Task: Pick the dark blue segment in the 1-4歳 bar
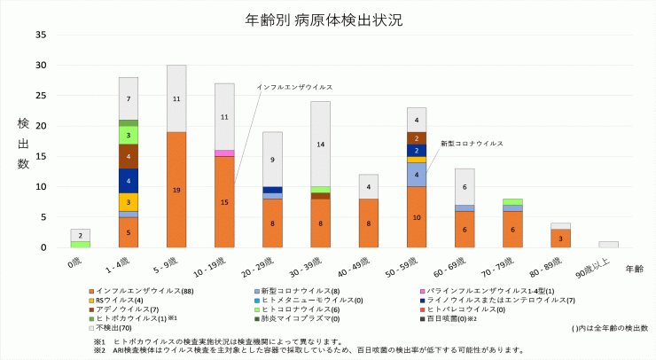click(129, 181)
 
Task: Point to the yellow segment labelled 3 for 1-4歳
click(129, 202)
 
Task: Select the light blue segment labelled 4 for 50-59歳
click(417, 175)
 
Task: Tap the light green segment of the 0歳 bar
click(81, 244)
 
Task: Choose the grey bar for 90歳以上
click(608, 244)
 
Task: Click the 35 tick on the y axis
click(40, 35)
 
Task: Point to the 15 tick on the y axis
click(40, 156)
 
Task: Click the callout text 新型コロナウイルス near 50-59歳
click(472, 143)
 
